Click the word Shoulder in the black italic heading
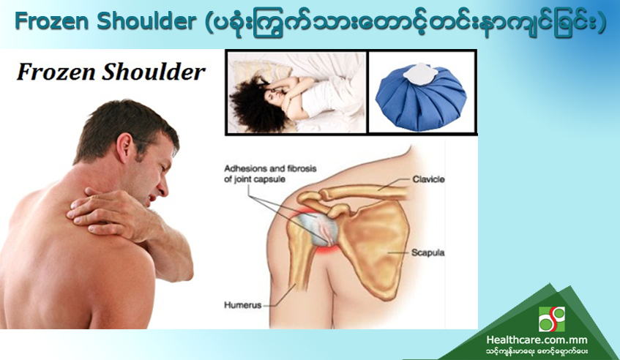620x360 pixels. (x=154, y=72)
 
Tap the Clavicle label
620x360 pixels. (x=428, y=179)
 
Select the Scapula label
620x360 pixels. (x=427, y=252)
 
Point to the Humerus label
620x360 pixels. (x=243, y=305)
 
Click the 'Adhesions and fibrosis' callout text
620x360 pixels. (x=270, y=169)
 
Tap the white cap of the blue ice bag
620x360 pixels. (x=419, y=73)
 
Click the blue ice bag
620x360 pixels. (x=421, y=97)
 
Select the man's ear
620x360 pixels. (x=126, y=147)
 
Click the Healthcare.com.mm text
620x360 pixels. (x=537, y=340)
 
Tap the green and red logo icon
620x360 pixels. (x=552, y=319)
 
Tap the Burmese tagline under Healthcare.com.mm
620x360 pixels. (x=537, y=351)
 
